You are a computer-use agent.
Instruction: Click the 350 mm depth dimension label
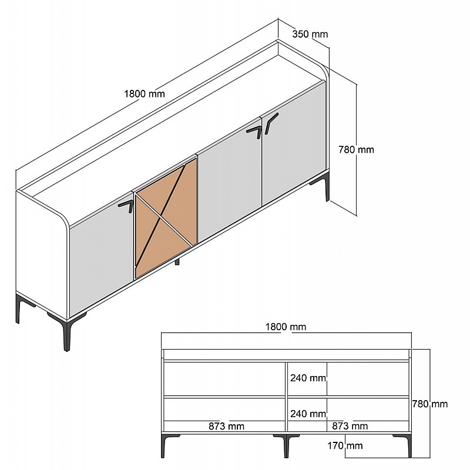pyautogui.click(x=310, y=34)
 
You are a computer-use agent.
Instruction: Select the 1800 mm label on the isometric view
pyautogui.click(x=145, y=94)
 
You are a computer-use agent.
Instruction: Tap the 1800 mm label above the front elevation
pyautogui.click(x=286, y=327)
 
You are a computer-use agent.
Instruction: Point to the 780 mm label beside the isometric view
pyautogui.click(x=356, y=150)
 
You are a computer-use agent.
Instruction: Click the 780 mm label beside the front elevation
pyautogui.click(x=430, y=404)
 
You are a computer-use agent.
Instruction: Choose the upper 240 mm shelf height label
pyautogui.click(x=308, y=378)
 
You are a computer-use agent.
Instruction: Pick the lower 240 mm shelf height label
pyautogui.click(x=308, y=414)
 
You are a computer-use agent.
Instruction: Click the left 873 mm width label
pyautogui.click(x=226, y=426)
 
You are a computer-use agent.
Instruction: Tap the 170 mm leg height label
pyautogui.click(x=345, y=446)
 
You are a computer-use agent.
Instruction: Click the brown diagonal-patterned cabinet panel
pyautogui.click(x=166, y=218)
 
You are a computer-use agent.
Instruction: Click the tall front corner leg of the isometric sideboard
pyautogui.click(x=67, y=333)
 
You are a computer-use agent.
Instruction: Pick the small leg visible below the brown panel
pyautogui.click(x=177, y=261)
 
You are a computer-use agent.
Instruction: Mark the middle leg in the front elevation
pyautogui.click(x=286, y=446)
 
